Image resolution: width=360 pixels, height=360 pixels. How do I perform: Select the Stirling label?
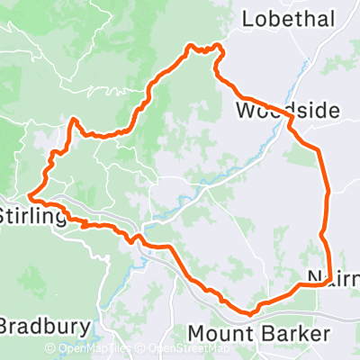[31, 217]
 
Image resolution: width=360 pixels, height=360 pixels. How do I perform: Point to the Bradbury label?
[45, 325]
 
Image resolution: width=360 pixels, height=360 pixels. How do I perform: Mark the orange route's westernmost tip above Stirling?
[29, 194]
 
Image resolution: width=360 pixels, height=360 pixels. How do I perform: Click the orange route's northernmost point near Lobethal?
[191, 45]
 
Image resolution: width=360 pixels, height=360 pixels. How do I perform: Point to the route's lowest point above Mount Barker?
[247, 312]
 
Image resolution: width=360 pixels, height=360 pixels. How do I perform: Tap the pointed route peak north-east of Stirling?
[73, 119]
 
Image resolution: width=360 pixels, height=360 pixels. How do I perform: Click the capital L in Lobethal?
[247, 19]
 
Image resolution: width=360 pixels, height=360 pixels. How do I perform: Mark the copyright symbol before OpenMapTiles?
[49, 348]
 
